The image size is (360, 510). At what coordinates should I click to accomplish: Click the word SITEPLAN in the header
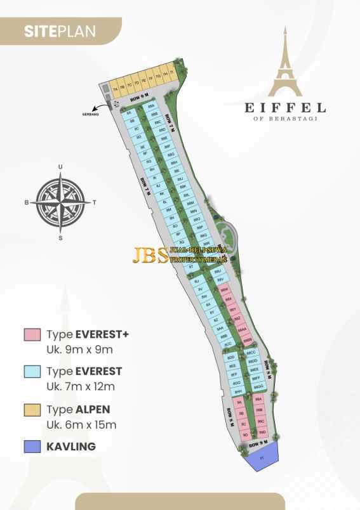coord(60,30)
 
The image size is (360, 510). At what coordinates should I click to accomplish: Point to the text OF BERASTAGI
coord(286,118)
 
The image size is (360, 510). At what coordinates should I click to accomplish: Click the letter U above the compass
coord(61,167)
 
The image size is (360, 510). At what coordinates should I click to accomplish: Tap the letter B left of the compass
coord(27,203)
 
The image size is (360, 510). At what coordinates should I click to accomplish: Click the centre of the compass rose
coord(61,202)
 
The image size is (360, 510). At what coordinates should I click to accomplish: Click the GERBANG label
coord(91,115)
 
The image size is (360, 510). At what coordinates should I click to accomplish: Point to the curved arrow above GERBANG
coord(98,107)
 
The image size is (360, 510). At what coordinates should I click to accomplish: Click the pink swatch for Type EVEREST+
coord(32,334)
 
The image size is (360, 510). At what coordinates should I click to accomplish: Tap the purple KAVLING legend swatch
coord(32,447)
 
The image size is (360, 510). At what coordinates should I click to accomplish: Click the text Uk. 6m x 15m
coord(81,424)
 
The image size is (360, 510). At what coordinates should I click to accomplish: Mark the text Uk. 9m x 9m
coord(77,349)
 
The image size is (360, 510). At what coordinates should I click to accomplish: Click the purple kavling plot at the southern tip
coord(262,457)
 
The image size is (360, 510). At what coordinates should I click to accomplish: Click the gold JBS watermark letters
coord(150,254)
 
